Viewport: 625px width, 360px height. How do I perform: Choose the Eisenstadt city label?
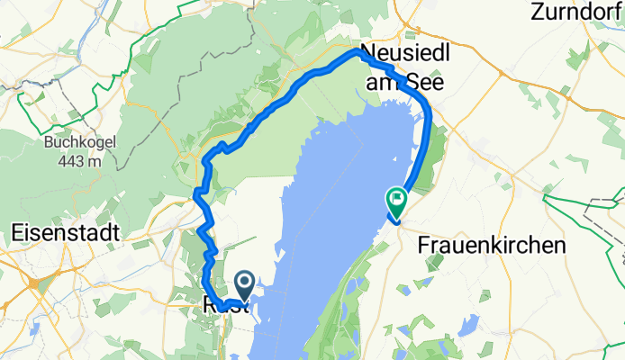68,232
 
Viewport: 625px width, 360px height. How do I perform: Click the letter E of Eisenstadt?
19,232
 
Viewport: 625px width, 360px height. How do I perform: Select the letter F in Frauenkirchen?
426,245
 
